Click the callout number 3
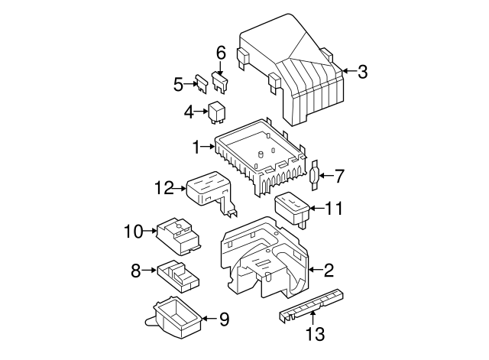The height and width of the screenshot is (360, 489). point(362,72)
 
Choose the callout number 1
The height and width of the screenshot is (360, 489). point(196,145)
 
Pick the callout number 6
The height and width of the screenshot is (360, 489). point(221,52)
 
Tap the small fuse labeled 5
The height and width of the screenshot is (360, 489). point(202,83)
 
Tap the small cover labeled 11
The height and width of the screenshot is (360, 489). point(293,209)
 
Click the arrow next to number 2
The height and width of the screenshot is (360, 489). point(315,269)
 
